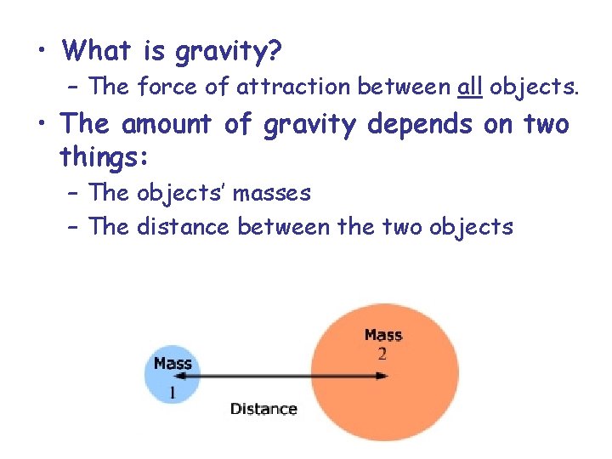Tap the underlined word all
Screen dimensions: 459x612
(470, 87)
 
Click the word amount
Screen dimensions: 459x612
(168, 125)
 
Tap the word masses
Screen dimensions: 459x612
(272, 193)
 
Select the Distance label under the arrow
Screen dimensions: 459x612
(263, 409)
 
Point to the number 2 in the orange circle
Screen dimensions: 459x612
(382, 353)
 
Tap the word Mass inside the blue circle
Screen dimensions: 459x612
(173, 364)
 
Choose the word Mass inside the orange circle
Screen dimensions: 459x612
(382, 335)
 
